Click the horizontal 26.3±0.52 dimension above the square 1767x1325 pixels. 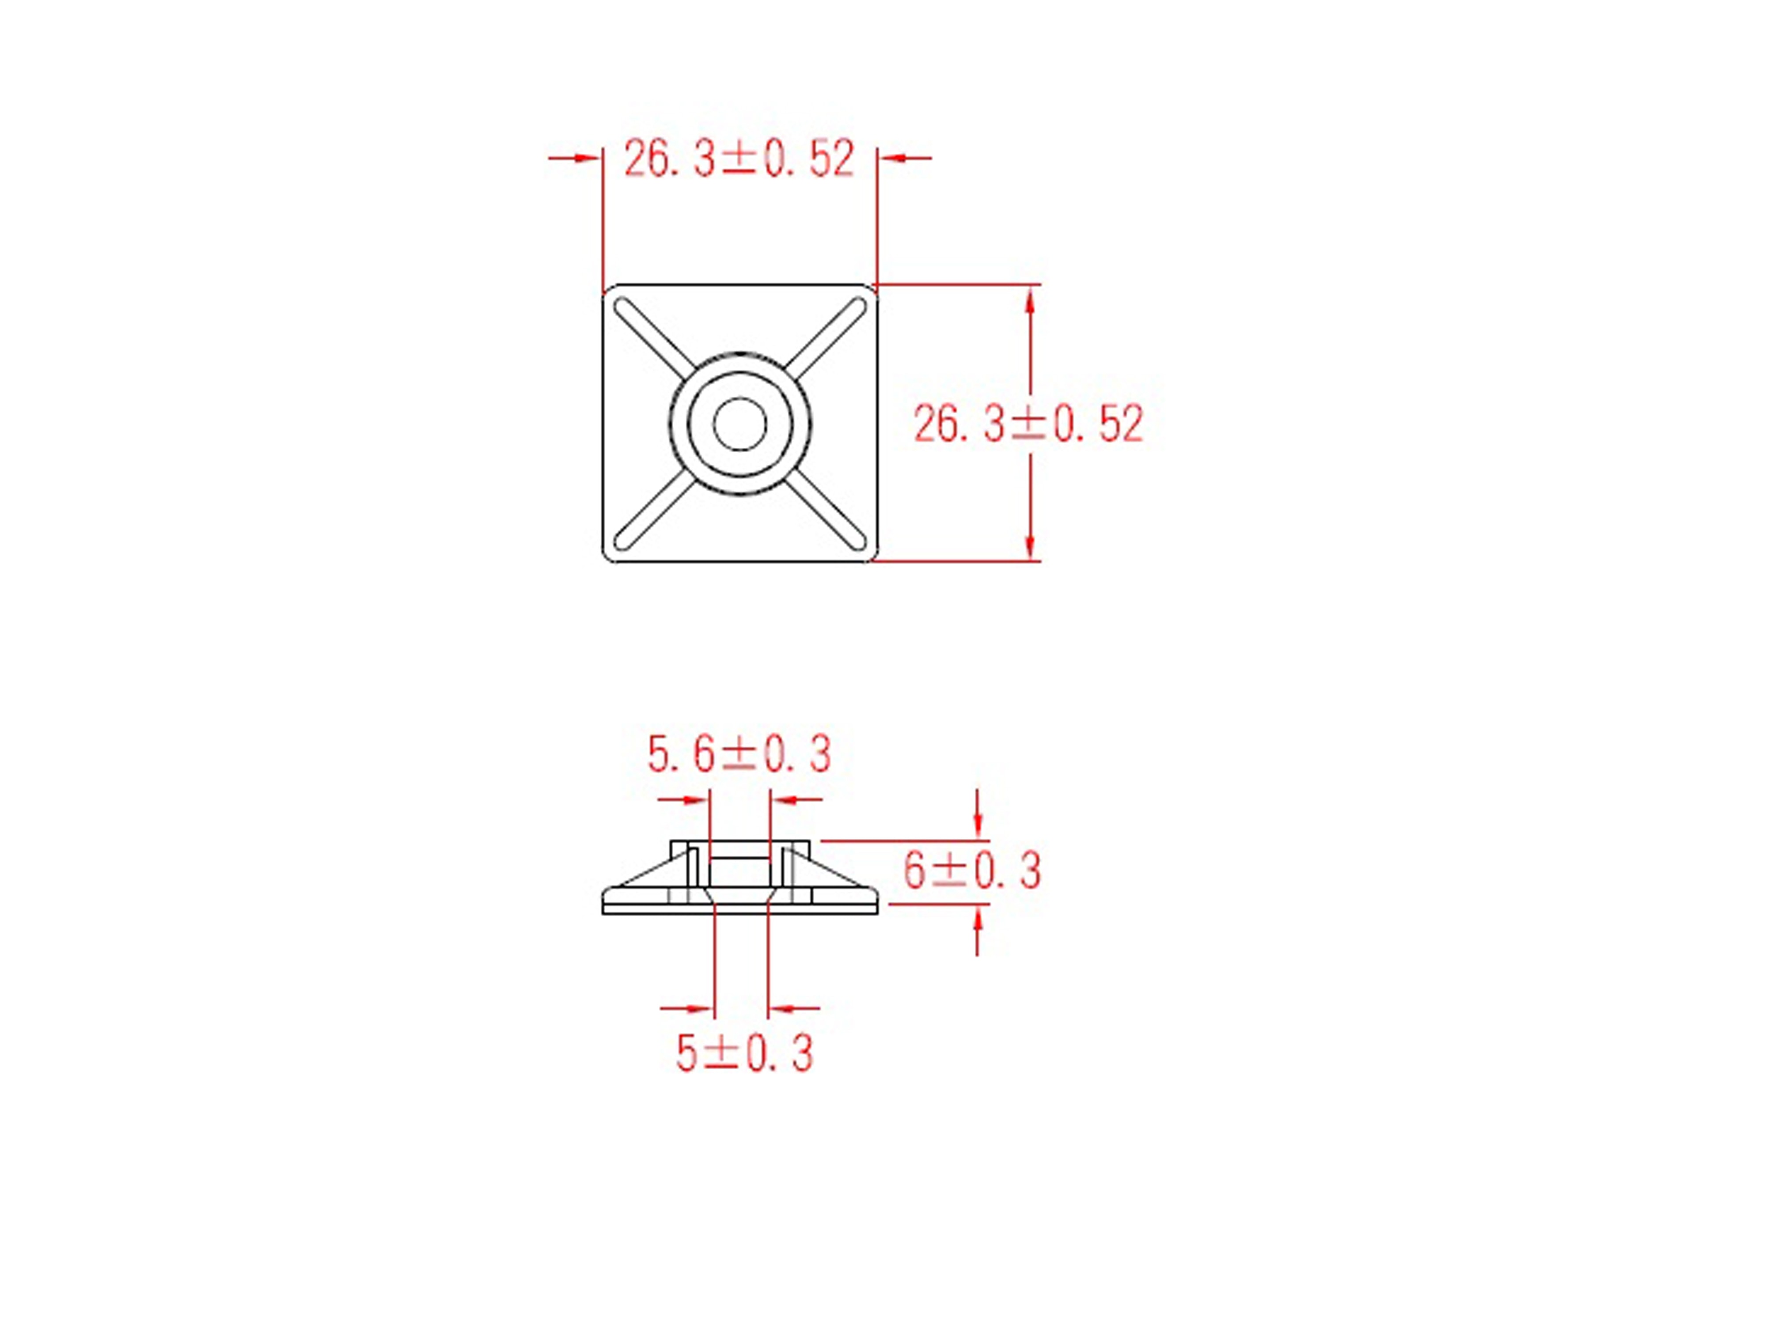(739, 158)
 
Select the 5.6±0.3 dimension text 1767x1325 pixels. (739, 754)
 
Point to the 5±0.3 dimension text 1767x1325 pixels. (744, 1052)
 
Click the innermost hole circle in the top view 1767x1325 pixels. (740, 423)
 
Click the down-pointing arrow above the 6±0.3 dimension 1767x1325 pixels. (978, 827)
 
